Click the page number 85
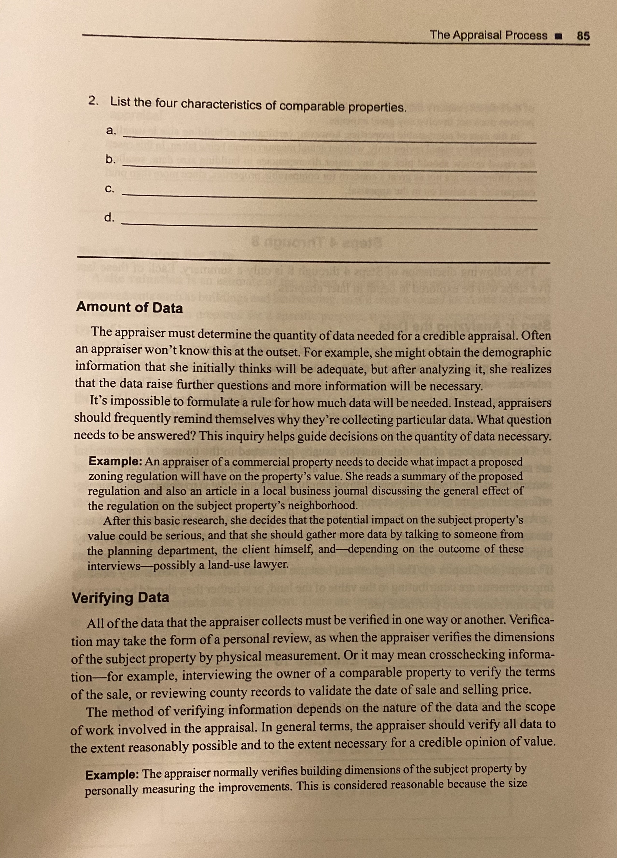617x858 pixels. coord(583,36)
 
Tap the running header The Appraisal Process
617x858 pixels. coord(489,35)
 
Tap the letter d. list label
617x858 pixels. coord(110,217)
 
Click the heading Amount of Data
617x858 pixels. coord(129,308)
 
